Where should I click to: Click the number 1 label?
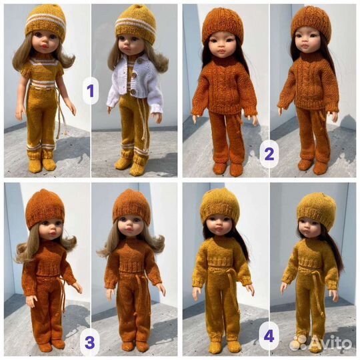pos(91,91)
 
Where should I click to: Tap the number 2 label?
pos(269,154)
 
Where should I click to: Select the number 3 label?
pos(89,343)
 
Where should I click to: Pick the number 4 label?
pos(269,337)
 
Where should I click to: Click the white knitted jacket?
pos(134,83)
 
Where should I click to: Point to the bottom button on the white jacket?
pos(132,91)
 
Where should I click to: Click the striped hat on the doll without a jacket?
pos(46,23)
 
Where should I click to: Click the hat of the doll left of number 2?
pos(222,23)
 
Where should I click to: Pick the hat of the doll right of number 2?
pos(311,23)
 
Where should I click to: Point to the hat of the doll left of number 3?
pos(45,208)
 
